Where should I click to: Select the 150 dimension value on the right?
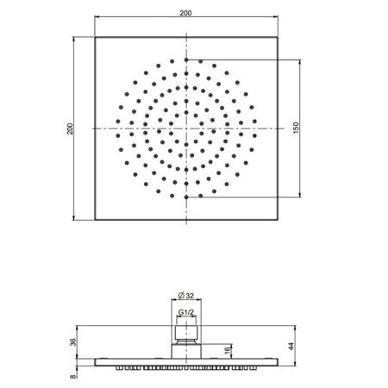click(296, 128)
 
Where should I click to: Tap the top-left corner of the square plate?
click(94, 37)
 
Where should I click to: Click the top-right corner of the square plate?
click(278, 37)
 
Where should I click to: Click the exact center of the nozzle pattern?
click(186, 128)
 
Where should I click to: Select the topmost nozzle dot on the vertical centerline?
click(186, 60)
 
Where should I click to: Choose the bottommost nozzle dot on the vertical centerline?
click(186, 197)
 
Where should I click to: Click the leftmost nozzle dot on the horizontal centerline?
click(118, 128)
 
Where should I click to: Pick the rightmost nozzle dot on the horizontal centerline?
click(254, 128)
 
